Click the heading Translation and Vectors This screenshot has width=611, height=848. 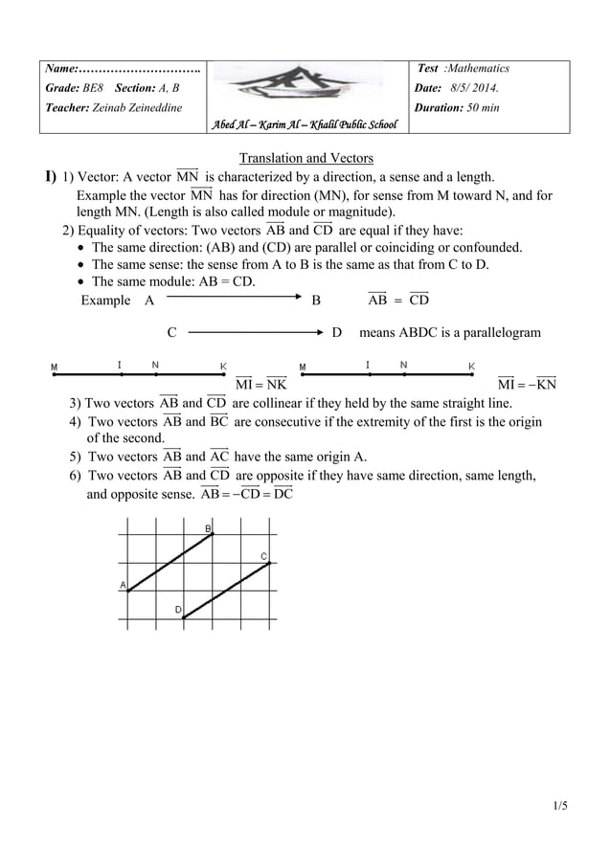pos(305,158)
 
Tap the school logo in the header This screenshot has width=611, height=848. pos(305,86)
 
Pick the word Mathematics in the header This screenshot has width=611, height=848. pos(478,69)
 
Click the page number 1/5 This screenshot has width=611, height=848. pos(560,805)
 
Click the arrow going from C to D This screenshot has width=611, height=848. pos(256,333)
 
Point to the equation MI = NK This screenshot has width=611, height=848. pos(260,385)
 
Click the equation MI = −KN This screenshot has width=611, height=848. pos(528,385)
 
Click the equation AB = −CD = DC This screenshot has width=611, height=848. pos(247,494)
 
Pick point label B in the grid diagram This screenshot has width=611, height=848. pos(208,528)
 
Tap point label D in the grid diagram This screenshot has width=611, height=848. pos(177,609)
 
